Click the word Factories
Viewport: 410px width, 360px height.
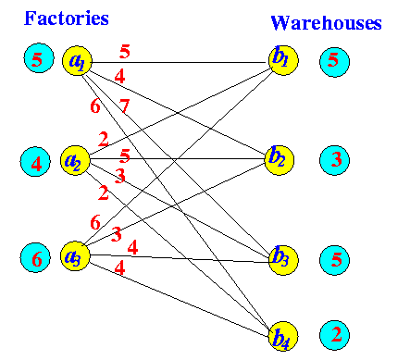point(67,18)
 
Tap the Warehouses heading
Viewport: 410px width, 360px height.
point(326,23)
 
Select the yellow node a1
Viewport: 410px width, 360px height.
point(77,60)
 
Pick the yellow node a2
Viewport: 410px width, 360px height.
point(75,160)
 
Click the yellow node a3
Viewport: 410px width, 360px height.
point(75,256)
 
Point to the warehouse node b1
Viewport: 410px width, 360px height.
point(283,60)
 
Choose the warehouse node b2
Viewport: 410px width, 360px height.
point(280,160)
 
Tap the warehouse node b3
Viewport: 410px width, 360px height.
point(283,260)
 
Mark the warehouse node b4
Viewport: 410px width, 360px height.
point(283,336)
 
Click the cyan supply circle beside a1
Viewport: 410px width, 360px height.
point(39,58)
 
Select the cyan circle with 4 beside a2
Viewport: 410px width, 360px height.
point(35,162)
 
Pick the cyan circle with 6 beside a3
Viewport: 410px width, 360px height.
point(35,257)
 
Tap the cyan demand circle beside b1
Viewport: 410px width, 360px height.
point(334,62)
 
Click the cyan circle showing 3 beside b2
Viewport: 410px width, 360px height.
point(334,160)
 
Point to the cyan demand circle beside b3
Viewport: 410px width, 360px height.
point(334,260)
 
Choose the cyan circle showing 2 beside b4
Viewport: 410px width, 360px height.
point(334,335)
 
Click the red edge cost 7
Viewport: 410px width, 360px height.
point(124,106)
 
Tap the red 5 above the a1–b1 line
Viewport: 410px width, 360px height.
point(125,52)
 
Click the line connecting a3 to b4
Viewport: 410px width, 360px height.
point(179,299)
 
